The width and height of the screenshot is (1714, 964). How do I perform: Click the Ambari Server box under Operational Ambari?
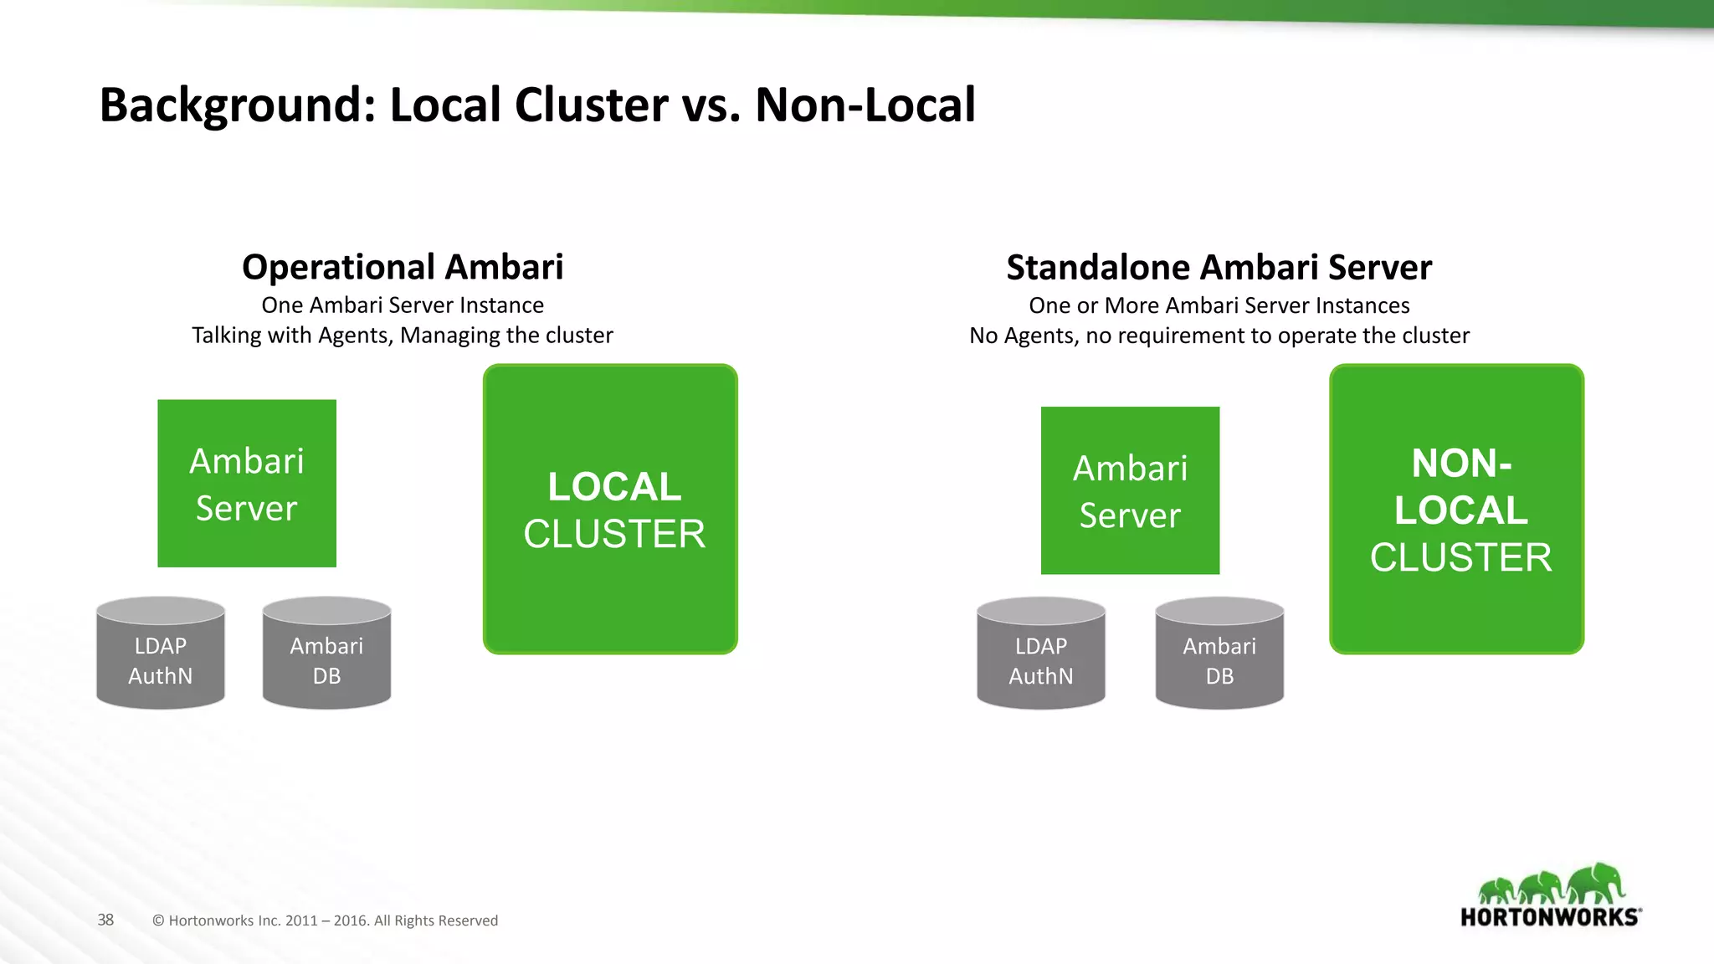pyautogui.click(x=247, y=484)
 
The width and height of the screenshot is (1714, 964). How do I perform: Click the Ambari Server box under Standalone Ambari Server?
pyautogui.click(x=1130, y=490)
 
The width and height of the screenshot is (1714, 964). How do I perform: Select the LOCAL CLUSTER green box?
pyautogui.click(x=610, y=509)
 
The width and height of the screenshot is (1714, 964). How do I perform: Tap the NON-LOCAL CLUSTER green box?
pyautogui.click(x=1456, y=509)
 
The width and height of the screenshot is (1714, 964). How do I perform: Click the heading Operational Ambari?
pyautogui.click(x=403, y=268)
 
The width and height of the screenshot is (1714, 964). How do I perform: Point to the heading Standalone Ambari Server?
pyautogui.click(x=1219, y=268)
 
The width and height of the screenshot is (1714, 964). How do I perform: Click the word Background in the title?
pyautogui.click(x=237, y=105)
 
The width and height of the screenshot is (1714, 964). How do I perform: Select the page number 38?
pyautogui.click(x=105, y=920)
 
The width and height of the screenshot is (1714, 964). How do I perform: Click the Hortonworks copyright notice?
pyautogui.click(x=325, y=920)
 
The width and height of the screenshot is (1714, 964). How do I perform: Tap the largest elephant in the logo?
pyautogui.click(x=1597, y=883)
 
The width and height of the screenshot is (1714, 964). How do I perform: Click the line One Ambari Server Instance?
pyautogui.click(x=403, y=305)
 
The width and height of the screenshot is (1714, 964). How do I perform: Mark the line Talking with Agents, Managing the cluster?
pyautogui.click(x=403, y=336)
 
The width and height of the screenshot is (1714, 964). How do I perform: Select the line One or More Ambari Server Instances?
pyautogui.click(x=1219, y=305)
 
